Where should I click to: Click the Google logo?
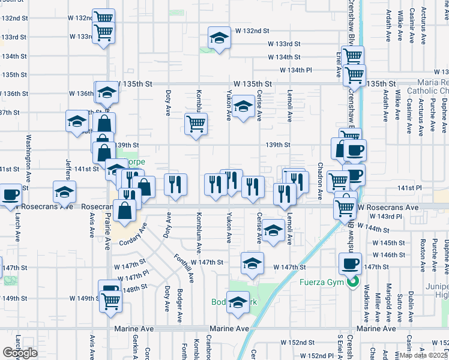(x=20, y=353)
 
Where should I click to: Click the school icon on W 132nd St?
(x=220, y=38)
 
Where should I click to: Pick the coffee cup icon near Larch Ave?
(x=11, y=196)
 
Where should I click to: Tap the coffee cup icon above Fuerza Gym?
(x=351, y=263)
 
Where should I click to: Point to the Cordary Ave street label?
(x=133, y=235)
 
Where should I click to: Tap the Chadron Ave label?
(x=320, y=181)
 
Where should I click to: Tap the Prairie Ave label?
(x=107, y=230)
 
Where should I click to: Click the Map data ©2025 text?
(x=423, y=355)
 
